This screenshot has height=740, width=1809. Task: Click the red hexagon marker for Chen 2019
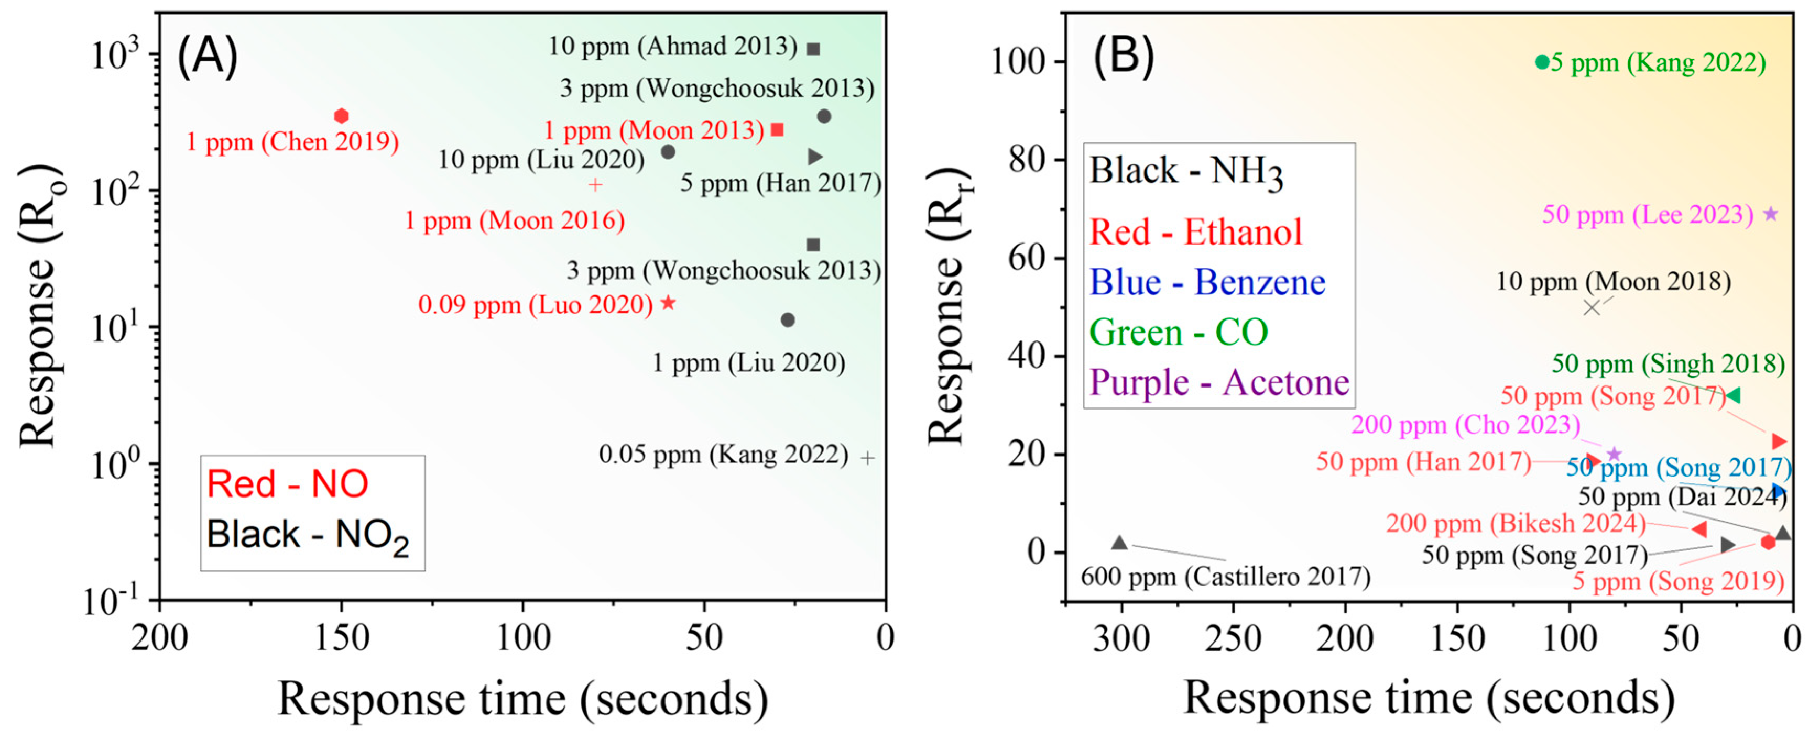click(341, 116)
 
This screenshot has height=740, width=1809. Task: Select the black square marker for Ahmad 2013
click(813, 49)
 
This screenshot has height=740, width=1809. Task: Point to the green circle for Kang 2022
click(1542, 62)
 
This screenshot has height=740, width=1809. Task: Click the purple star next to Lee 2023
click(1770, 214)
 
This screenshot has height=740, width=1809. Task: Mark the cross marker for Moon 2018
click(1592, 307)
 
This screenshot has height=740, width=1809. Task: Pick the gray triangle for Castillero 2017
click(1119, 543)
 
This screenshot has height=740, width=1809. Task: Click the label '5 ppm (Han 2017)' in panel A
click(780, 183)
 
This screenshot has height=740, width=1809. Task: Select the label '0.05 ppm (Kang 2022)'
click(723, 455)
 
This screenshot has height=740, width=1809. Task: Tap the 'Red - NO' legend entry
click(287, 484)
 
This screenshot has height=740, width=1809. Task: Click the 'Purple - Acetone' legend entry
click(1219, 383)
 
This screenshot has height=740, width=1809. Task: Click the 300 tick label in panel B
click(1121, 638)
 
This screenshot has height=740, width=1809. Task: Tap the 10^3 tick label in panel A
click(116, 55)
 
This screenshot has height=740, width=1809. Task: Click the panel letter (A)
click(207, 56)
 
